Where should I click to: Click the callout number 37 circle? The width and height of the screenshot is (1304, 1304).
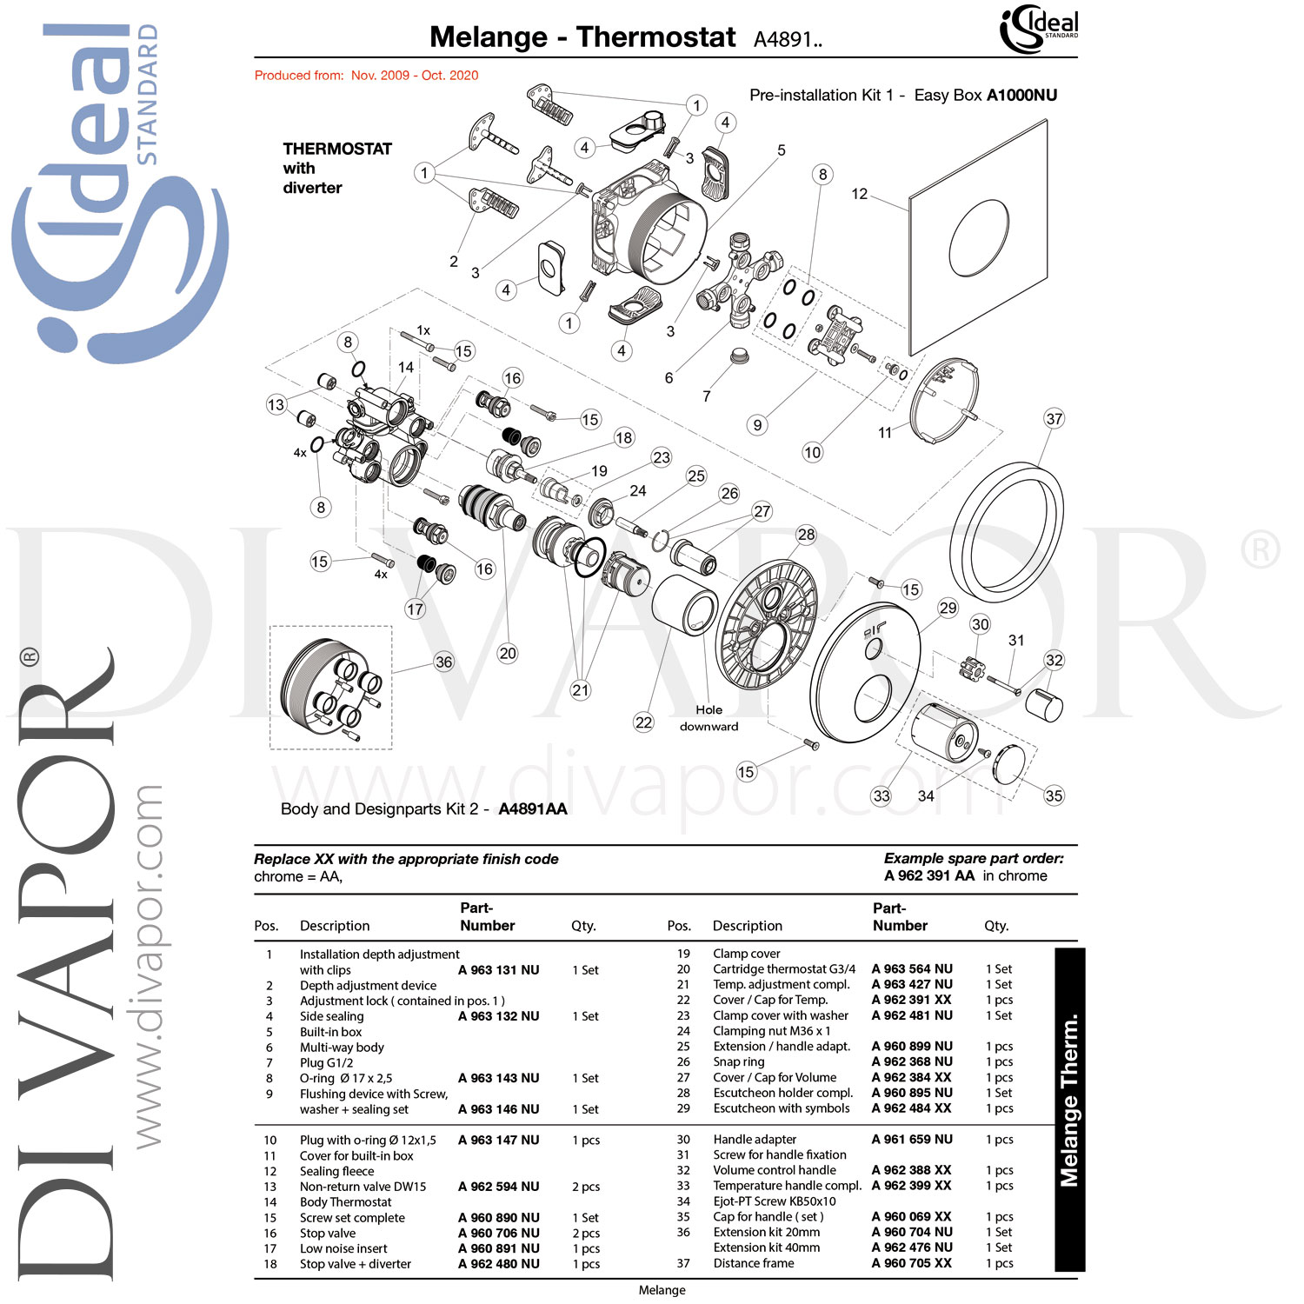tap(1055, 419)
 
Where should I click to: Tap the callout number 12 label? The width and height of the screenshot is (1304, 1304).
tap(860, 194)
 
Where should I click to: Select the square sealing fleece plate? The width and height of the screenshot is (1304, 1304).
tap(978, 236)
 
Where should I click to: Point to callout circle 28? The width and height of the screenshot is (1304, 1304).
tap(806, 535)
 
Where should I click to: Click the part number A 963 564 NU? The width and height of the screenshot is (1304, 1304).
tap(912, 969)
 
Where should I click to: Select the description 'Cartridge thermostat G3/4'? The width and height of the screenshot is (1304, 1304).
tap(784, 969)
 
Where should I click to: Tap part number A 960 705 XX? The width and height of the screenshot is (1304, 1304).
tap(912, 1263)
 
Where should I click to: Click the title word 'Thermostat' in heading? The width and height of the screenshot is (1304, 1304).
tap(655, 37)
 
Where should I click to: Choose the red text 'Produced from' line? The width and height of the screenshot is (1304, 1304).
tap(366, 76)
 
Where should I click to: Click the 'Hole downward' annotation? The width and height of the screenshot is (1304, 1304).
tap(709, 718)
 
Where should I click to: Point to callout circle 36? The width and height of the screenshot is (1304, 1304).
tap(444, 662)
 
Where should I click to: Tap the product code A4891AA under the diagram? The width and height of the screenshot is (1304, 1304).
tap(532, 809)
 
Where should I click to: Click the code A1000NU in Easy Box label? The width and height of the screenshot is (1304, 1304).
tap(1021, 96)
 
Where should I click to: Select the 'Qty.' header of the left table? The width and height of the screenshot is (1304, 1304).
tap(583, 926)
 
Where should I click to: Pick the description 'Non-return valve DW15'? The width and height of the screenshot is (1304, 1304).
tap(363, 1187)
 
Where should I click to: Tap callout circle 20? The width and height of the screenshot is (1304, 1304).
tap(508, 653)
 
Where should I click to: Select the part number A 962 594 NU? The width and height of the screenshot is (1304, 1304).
tap(499, 1187)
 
